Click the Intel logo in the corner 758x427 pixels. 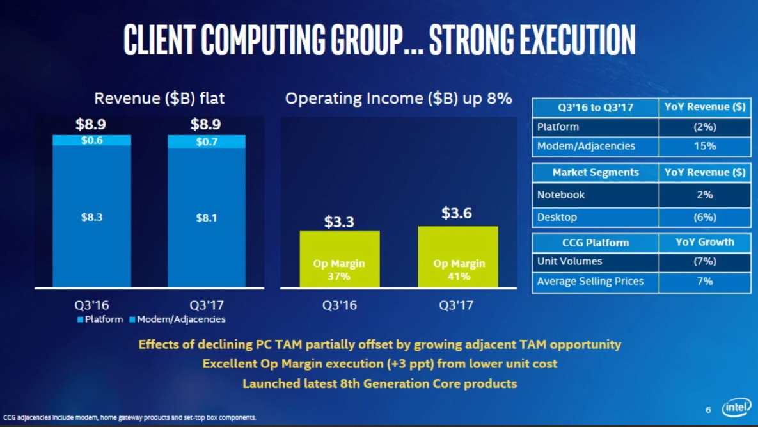pyautogui.click(x=736, y=408)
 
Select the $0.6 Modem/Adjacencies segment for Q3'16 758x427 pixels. pyautogui.click(x=91, y=140)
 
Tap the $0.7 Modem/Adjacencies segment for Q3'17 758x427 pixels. pyautogui.click(x=206, y=141)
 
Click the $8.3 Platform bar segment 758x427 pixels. pyautogui.click(x=91, y=218)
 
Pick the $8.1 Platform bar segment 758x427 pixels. pyautogui.click(x=206, y=218)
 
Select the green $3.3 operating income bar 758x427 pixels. pyautogui.click(x=340, y=259)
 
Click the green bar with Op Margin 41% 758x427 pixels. pyautogui.click(x=457, y=256)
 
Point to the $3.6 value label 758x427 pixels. pyautogui.click(x=457, y=214)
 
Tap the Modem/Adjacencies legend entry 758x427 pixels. pyautogui.click(x=177, y=319)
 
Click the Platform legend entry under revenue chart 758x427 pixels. pyautogui.click(x=100, y=319)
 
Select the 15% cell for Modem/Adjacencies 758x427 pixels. pyautogui.click(x=704, y=146)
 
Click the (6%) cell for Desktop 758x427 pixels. pyautogui.click(x=704, y=217)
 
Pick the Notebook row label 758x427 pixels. pyautogui.click(x=561, y=195)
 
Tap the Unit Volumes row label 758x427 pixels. pyautogui.click(x=569, y=261)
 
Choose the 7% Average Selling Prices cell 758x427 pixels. pyautogui.click(x=704, y=281)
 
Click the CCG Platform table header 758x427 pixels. pyautogui.click(x=596, y=243)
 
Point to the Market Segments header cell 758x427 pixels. pyautogui.click(x=596, y=172)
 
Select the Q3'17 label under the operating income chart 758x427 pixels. pyautogui.click(x=456, y=305)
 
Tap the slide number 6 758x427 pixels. pyautogui.click(x=708, y=410)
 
